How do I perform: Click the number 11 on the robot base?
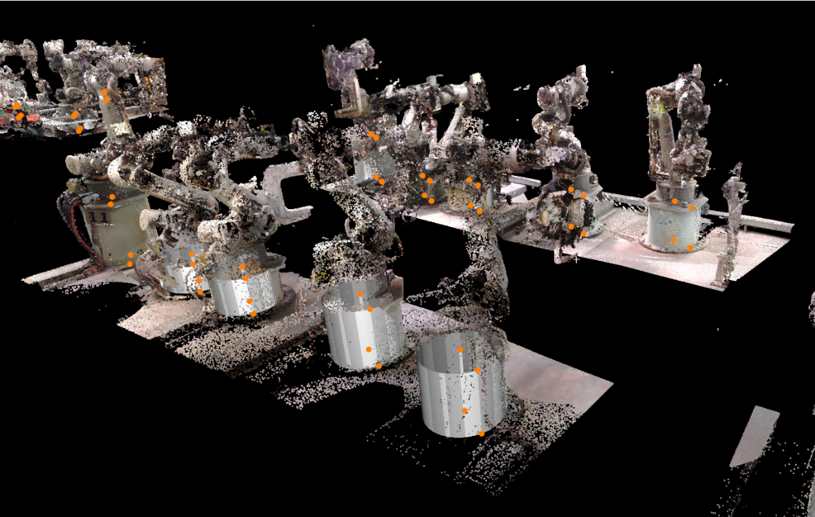click(99, 217)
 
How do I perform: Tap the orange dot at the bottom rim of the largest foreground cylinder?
click(482, 434)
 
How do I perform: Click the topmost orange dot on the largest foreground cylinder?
click(460, 350)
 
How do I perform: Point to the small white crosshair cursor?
click(576, 259)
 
